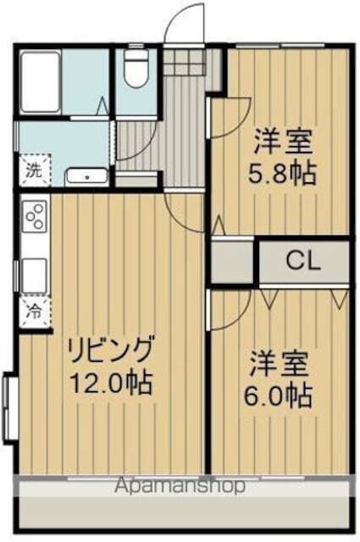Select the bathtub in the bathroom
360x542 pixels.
38,81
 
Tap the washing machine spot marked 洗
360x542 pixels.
33,170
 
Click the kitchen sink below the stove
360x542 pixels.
34,274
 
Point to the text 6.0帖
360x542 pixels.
280,395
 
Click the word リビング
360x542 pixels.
111,349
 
